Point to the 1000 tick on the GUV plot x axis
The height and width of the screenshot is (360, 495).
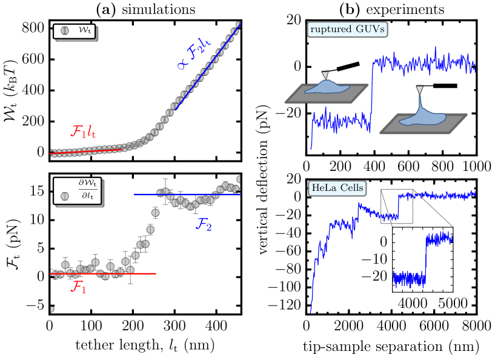(474, 166)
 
